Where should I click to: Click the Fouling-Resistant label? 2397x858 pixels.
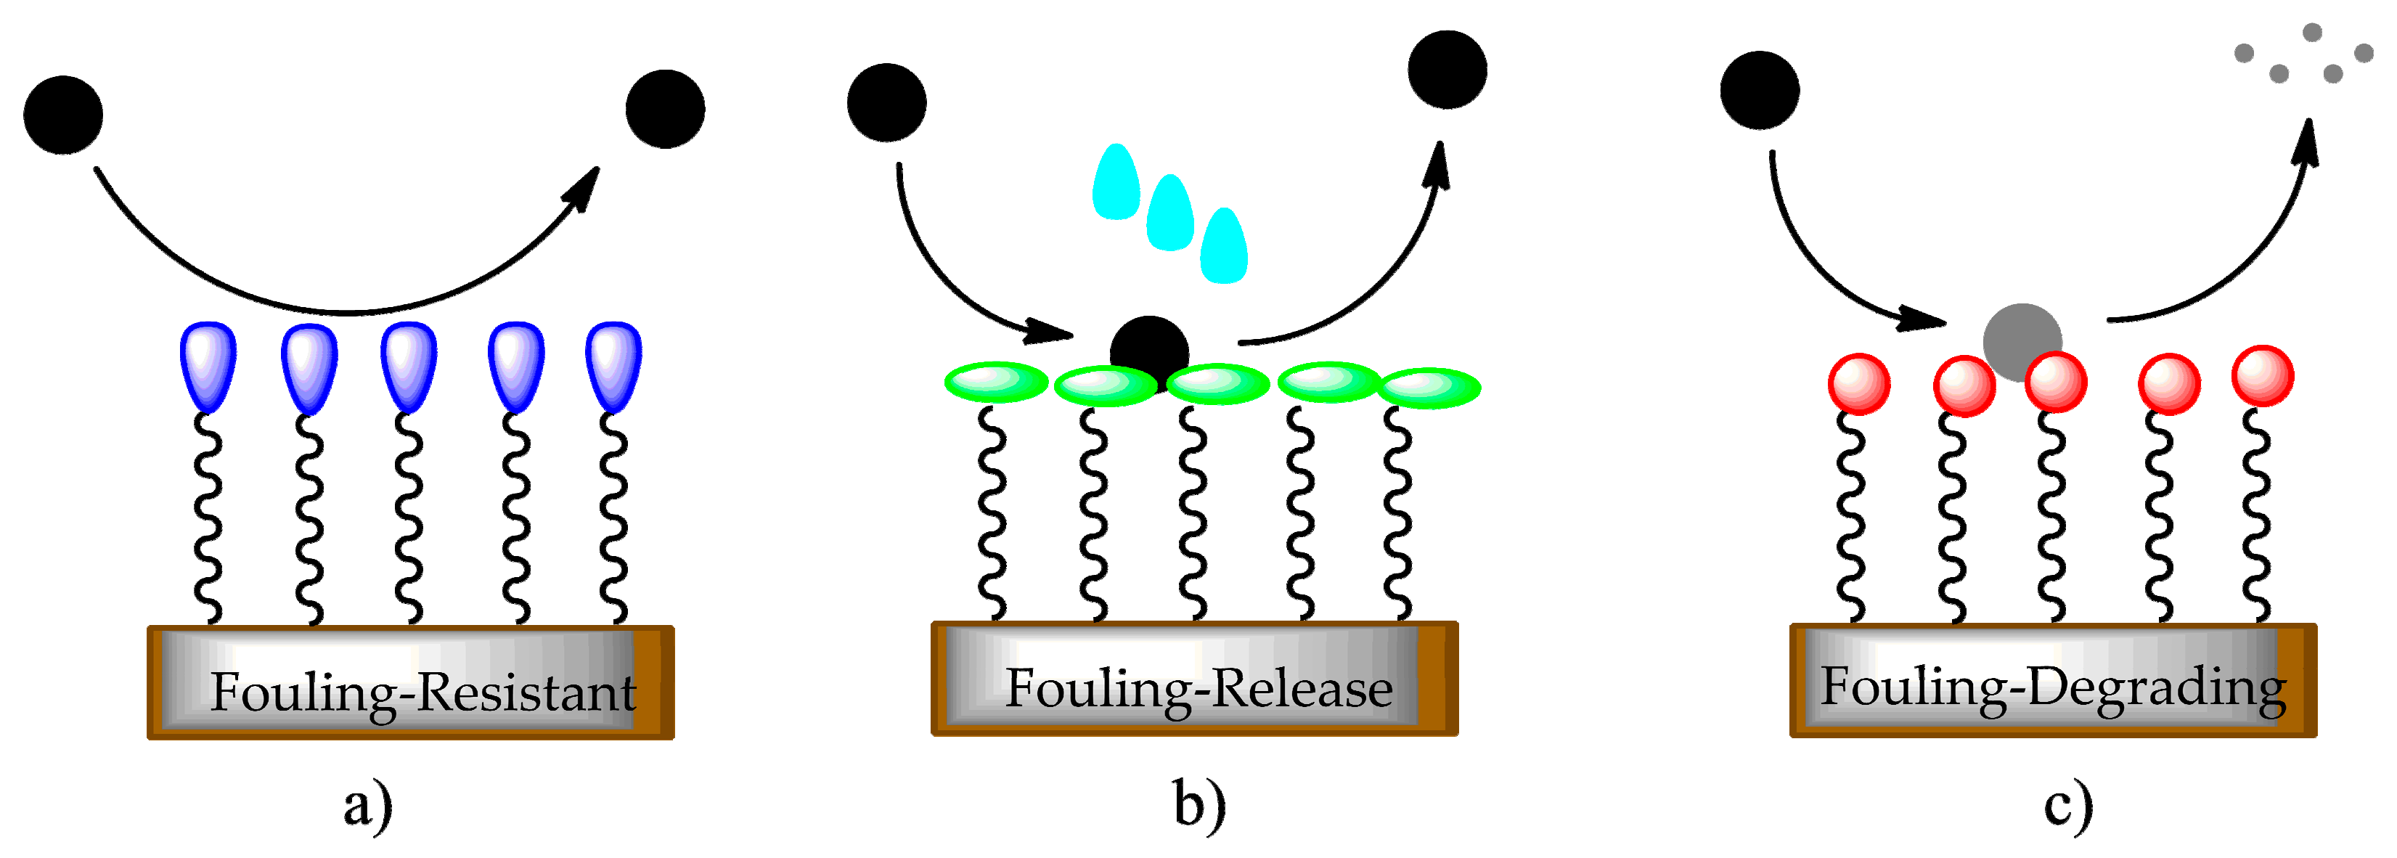pos(423,692)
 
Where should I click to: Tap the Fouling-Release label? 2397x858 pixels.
pos(1198,690)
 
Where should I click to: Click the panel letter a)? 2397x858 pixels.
pos(367,806)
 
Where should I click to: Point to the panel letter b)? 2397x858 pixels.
pos(1198,804)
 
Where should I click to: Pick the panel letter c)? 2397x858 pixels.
pos(2067,806)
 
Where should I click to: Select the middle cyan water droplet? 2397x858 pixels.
pos(1169,213)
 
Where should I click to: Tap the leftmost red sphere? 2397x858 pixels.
pos(1859,383)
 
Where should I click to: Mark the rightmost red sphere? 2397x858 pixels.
pos(2262,376)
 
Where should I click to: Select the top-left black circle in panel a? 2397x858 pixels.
pos(63,115)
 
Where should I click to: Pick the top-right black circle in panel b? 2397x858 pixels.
pos(1447,70)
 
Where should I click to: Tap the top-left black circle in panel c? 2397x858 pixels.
pos(1760,90)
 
